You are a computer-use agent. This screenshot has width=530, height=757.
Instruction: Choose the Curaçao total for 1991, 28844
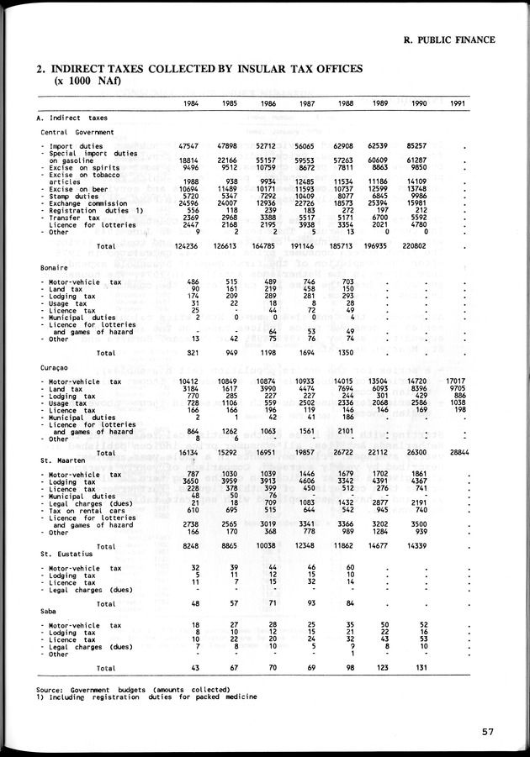pos(457,452)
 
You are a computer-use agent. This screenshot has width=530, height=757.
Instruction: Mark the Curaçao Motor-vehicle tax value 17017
pos(457,381)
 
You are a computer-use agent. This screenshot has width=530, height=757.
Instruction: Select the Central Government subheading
pos(77,132)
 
